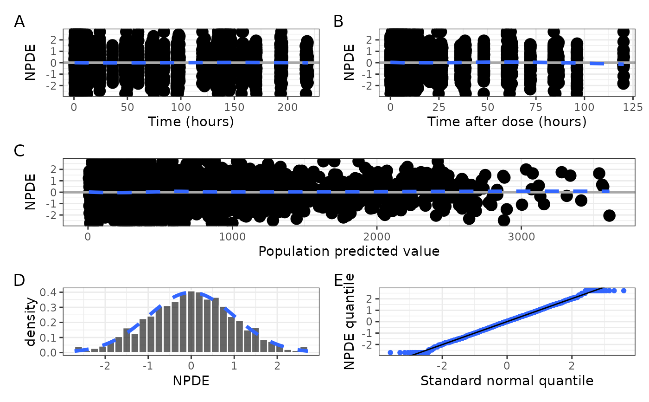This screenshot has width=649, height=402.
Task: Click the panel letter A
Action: (x=19, y=21)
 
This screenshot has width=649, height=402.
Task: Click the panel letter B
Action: (x=338, y=21)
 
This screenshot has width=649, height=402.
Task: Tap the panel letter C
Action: (x=20, y=151)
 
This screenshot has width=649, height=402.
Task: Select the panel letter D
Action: (x=20, y=280)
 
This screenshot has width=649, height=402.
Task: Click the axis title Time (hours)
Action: (x=191, y=122)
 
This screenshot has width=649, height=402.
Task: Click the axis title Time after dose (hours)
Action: (x=507, y=122)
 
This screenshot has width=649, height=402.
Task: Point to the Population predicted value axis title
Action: (x=349, y=251)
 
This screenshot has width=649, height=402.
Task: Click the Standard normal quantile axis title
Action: (x=507, y=381)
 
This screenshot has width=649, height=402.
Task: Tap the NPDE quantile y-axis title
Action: (x=350, y=322)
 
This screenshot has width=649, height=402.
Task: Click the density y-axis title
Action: (x=31, y=322)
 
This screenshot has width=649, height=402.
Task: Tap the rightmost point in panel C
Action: (x=609, y=215)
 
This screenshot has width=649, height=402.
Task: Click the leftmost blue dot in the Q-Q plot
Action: (x=390, y=352)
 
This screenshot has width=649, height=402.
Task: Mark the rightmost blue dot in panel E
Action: (x=624, y=291)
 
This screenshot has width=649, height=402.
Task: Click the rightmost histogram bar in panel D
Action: (x=304, y=350)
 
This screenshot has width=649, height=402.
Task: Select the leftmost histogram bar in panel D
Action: (x=78, y=350)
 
